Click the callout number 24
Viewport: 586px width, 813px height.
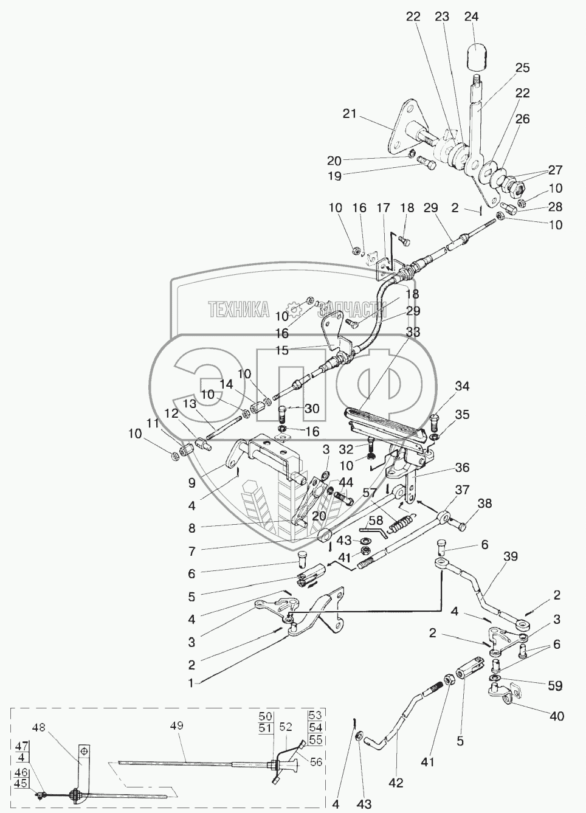point(471,17)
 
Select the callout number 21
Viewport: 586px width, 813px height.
point(350,113)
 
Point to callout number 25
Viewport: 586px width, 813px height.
point(523,67)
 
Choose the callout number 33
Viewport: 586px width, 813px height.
point(413,333)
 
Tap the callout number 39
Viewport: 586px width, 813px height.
point(511,557)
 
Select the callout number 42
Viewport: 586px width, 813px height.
point(396,783)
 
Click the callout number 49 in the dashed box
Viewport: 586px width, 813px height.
point(176,725)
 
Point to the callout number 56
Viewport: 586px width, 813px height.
point(315,762)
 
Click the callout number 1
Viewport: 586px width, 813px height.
point(190,683)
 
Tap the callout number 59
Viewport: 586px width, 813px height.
point(554,685)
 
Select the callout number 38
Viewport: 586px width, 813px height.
point(484,504)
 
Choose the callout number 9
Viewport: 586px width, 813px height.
point(191,483)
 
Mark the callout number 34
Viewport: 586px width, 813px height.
point(462,386)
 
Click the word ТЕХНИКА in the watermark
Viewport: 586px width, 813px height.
point(239,310)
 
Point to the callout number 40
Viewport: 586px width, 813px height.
point(557,716)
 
